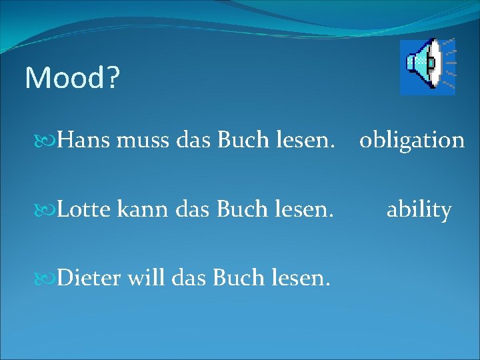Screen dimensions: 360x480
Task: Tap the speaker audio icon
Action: [427, 66]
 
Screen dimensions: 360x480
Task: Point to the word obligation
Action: [412, 140]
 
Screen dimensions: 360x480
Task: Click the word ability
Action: [419, 210]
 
